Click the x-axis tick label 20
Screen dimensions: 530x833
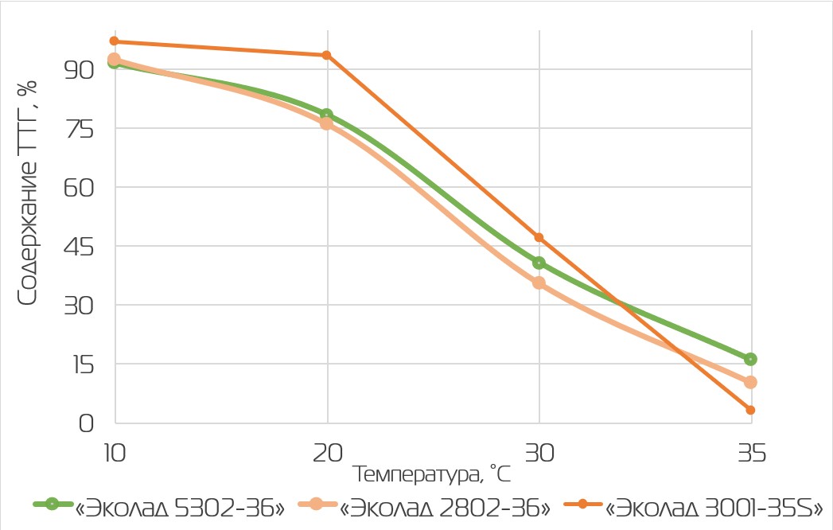pos(327,454)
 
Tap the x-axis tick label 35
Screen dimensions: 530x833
pos(751,454)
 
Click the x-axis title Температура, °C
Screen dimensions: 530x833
pos(432,475)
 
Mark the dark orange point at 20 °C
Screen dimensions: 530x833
pos(327,55)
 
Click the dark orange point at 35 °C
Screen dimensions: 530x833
pos(751,410)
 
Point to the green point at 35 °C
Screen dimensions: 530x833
pos(751,359)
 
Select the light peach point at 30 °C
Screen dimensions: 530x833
pos(539,283)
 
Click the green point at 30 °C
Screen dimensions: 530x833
pos(539,263)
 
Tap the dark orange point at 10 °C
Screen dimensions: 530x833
pos(115,41)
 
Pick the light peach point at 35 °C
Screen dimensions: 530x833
pos(751,382)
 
